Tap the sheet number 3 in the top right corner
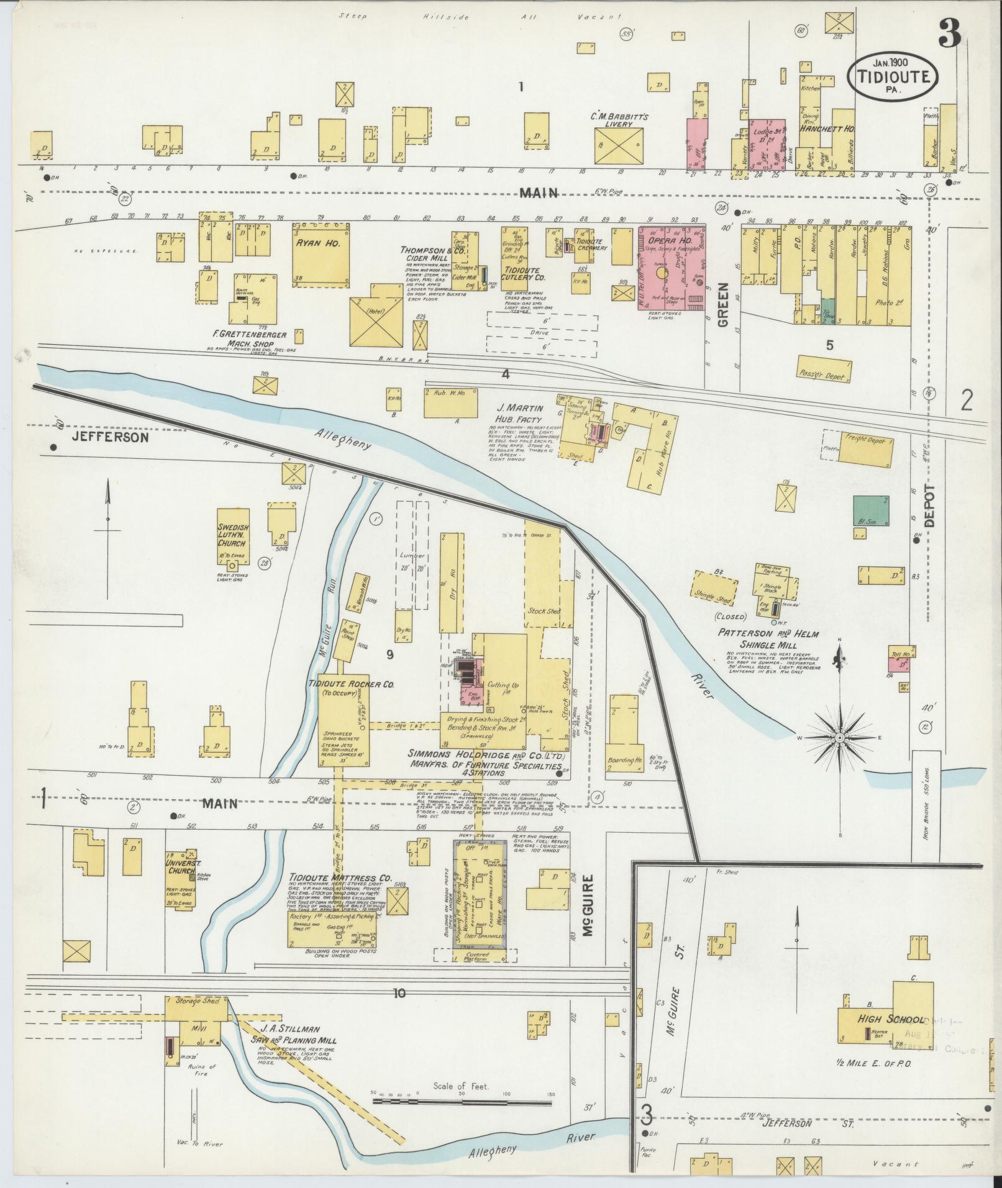coord(950,32)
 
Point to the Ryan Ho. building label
coord(321,243)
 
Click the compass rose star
coord(839,737)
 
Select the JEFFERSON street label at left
coord(110,437)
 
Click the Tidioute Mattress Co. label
coord(340,879)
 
